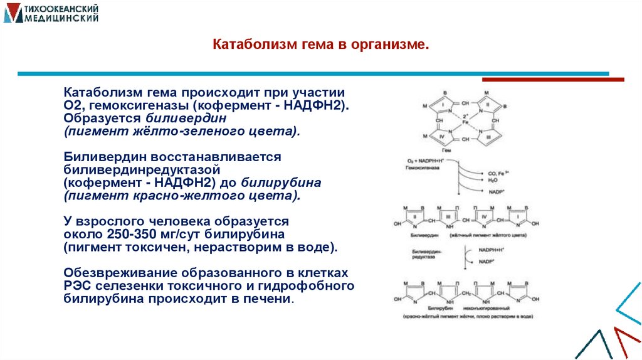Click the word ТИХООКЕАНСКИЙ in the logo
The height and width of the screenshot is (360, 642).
pos(59,9)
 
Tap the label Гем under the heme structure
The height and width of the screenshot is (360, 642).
pos(446,151)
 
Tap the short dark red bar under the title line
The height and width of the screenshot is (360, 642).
pos(552,80)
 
